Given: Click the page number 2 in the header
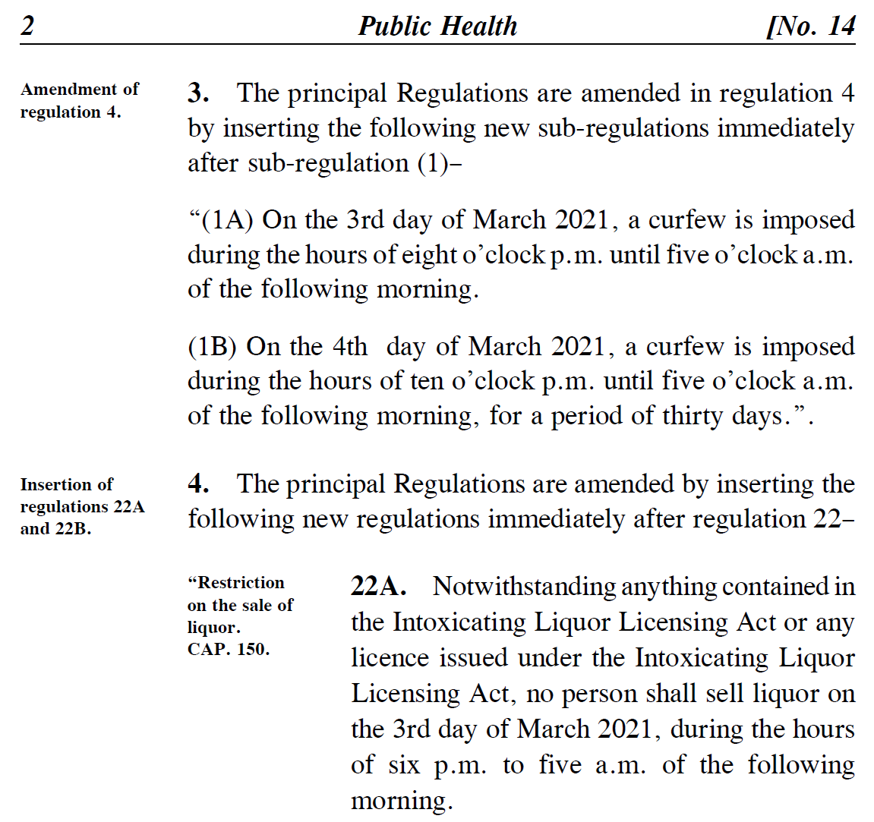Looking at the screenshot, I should [27, 26].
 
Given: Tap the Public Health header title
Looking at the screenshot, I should [437, 26].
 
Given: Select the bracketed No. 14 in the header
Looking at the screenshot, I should [811, 26].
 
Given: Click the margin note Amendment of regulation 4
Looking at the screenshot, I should [79, 100].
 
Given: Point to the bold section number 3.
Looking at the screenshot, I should [198, 93].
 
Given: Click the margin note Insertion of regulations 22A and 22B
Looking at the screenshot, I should [82, 506].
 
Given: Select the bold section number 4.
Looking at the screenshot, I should [198, 484].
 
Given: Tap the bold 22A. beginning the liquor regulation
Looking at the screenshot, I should [378, 587].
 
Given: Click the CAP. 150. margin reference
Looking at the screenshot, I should [228, 650].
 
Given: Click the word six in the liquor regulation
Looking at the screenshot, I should [403, 765].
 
